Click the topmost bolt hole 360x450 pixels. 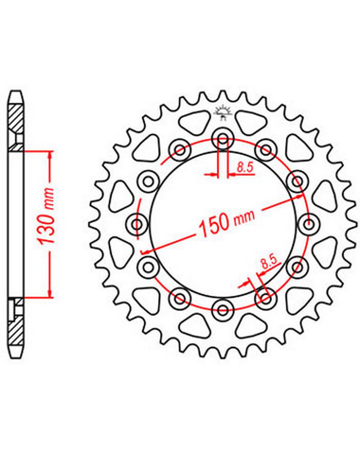tap(223, 139)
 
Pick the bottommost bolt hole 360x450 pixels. tap(222, 309)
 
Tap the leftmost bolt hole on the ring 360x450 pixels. tap(138, 224)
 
